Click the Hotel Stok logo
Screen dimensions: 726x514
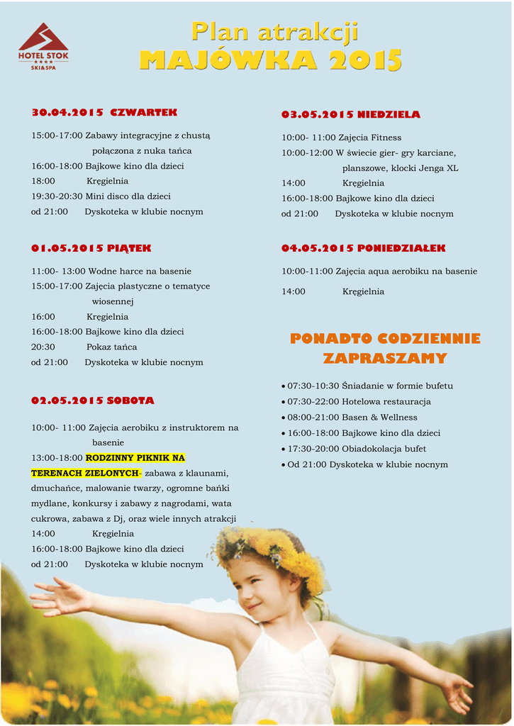(x=43, y=47)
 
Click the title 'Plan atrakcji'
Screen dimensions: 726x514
(x=274, y=32)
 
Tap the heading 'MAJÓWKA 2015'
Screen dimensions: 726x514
(x=271, y=60)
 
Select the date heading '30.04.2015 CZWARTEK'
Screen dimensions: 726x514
(x=104, y=113)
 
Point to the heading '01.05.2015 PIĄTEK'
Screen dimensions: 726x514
(x=91, y=248)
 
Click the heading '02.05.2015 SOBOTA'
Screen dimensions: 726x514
(x=92, y=401)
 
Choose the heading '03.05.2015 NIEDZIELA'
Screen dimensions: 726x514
(x=350, y=114)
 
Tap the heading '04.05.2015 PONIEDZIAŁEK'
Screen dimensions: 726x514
(x=363, y=248)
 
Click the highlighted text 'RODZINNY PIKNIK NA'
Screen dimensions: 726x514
(x=135, y=458)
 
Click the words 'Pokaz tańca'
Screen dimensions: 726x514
(x=112, y=347)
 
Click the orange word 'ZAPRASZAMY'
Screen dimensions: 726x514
(x=385, y=359)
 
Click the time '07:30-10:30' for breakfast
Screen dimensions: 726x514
(x=312, y=386)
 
